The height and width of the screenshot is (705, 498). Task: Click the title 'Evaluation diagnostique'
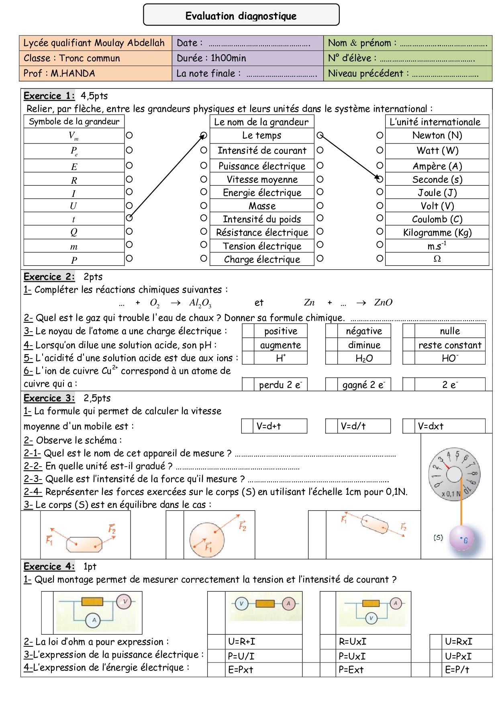pos(241,16)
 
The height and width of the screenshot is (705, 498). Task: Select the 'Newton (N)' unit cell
pos(437,135)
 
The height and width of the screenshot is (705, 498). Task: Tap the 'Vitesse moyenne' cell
pos(262,179)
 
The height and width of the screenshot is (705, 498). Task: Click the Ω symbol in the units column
pos(437,259)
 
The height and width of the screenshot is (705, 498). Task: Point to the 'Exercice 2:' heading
pos(49,277)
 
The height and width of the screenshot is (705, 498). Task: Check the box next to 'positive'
pos(248,331)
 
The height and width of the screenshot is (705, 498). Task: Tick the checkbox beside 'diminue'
pos(331,345)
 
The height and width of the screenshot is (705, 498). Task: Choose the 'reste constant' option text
pos(450,345)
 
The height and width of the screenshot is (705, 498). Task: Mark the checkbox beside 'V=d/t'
pos(331,426)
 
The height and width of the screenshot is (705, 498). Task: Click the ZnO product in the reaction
pos(383,303)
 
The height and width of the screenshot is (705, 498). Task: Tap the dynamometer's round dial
pos(454,474)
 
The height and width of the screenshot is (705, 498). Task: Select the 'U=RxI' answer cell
pos(458,641)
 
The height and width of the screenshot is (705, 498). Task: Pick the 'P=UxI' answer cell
pos(352,656)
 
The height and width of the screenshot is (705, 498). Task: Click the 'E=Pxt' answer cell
pos(241,670)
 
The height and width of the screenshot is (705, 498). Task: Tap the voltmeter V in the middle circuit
pos(241,603)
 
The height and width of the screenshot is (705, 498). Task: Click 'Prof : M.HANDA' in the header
pos(59,74)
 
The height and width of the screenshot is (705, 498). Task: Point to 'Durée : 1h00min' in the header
pos(211,58)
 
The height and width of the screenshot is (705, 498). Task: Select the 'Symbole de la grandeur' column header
pos(74,122)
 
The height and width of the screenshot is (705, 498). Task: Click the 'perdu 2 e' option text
pos(280,385)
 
